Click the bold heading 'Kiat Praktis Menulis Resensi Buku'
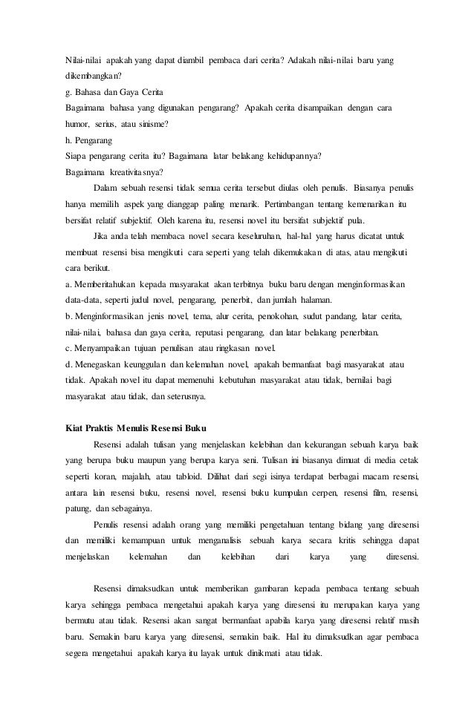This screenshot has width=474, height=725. click(x=136, y=429)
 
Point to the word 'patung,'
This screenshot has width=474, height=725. click(x=79, y=509)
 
